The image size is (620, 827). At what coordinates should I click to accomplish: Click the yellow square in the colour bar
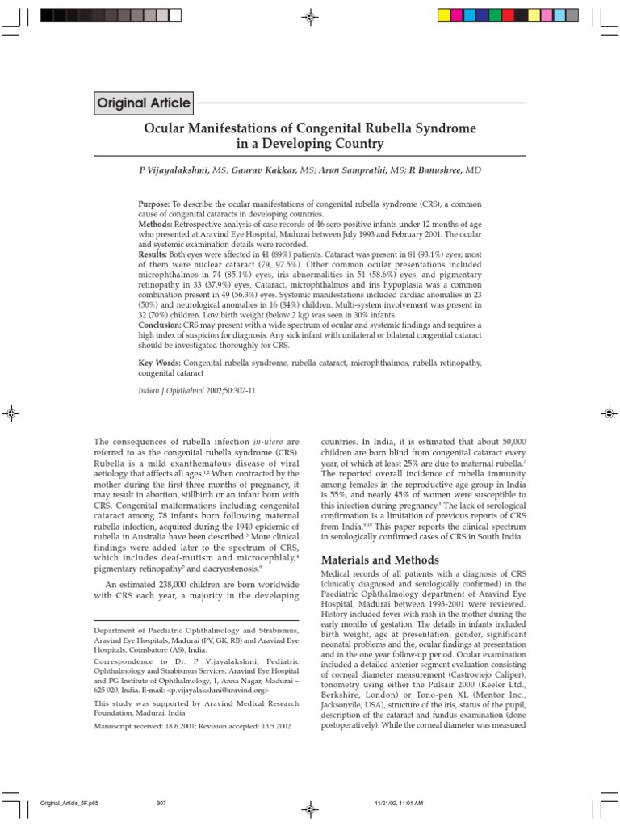[443, 14]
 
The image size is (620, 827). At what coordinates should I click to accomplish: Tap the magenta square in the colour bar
[463, 14]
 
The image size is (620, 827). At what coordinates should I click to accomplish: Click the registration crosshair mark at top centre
[311, 15]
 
